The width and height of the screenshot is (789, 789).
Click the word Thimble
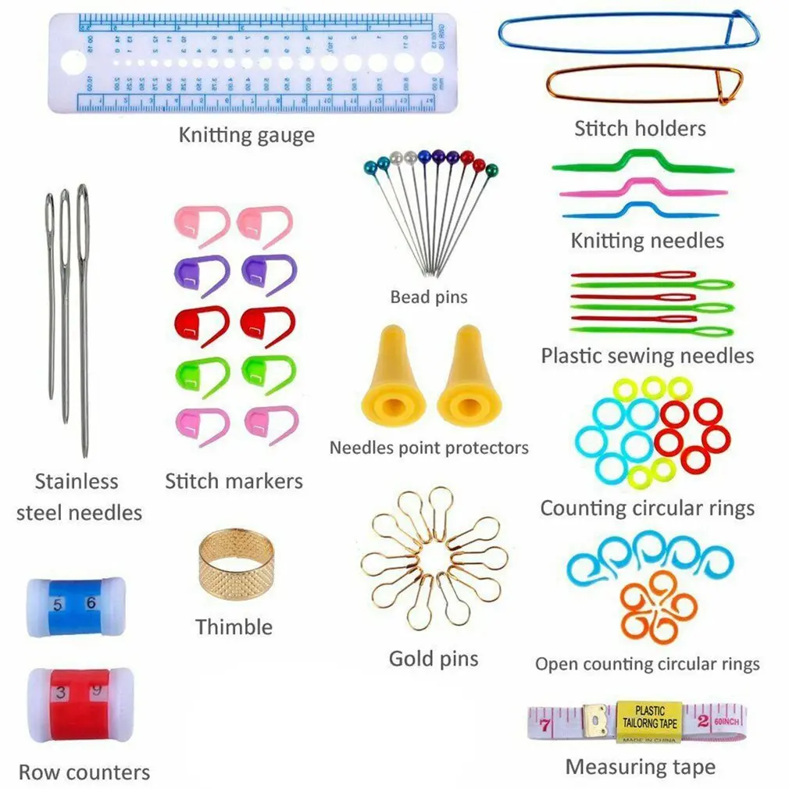tap(234, 627)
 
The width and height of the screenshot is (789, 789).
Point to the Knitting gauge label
tap(246, 135)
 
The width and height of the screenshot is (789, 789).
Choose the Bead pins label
tap(429, 297)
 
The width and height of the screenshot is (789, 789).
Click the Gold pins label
tap(433, 658)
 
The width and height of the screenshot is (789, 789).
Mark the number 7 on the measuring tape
tap(544, 725)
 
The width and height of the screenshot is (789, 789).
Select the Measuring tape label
tap(640, 767)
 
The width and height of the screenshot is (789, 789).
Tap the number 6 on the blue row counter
tap(91, 602)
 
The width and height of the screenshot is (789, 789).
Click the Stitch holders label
tap(640, 128)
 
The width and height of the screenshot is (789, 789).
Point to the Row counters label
tap(84, 773)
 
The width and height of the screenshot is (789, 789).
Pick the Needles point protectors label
tap(429, 448)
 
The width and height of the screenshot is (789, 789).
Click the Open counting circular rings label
tap(647, 664)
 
